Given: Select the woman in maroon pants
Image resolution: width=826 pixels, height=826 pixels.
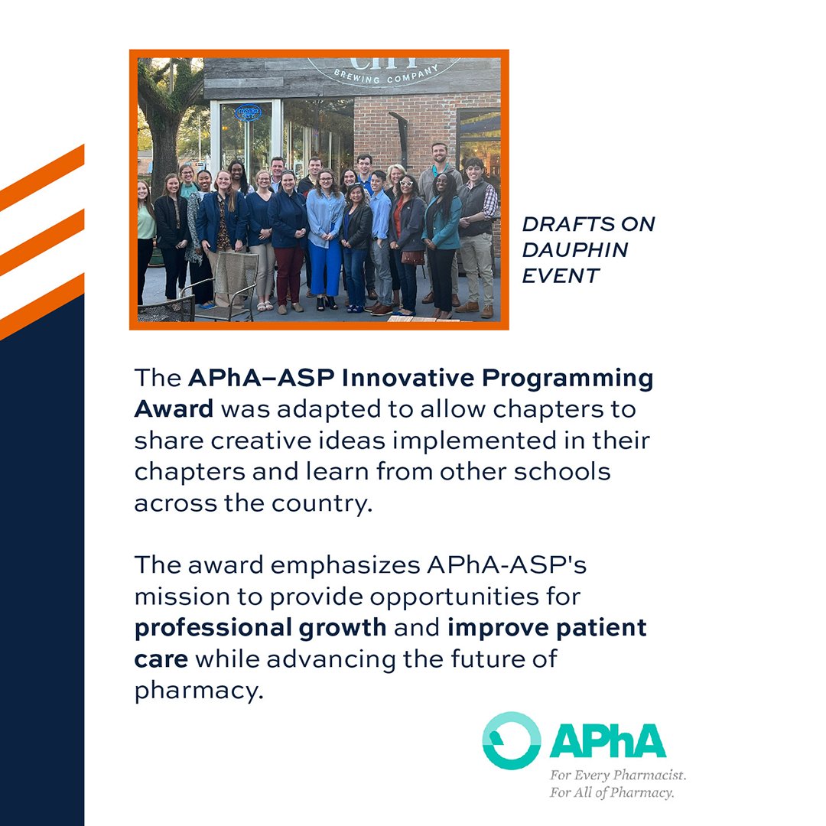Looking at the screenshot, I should [289, 237].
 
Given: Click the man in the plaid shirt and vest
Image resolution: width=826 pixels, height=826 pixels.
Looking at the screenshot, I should [476, 229].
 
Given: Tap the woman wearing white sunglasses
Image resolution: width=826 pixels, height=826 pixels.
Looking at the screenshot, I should [406, 229].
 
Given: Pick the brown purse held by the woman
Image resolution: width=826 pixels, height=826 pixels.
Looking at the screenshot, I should [412, 257].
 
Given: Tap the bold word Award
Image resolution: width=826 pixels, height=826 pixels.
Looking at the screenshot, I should [174, 408].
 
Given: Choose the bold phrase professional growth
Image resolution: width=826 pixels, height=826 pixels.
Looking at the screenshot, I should [260, 628].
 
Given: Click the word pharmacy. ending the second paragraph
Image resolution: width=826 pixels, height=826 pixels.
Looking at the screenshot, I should [198, 691].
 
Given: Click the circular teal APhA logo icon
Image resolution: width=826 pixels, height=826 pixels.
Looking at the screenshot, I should [511, 740].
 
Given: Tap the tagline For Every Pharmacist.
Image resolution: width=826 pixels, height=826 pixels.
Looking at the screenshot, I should [618, 775].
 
